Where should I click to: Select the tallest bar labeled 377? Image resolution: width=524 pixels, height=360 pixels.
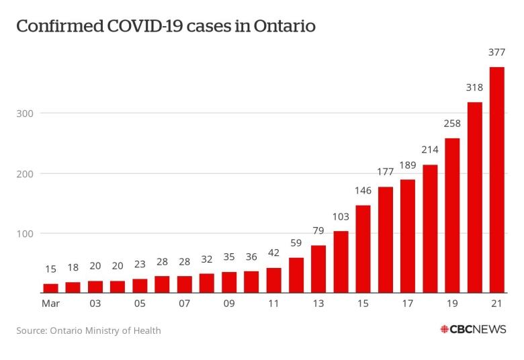tap(496, 180)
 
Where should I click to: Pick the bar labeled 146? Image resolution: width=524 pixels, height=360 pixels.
tap(363, 249)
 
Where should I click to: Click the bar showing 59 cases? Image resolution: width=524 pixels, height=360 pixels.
tap(296, 275)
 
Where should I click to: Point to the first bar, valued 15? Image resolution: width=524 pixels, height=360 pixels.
tap(50, 288)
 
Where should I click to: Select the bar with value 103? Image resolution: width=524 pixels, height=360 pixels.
tap(341, 262)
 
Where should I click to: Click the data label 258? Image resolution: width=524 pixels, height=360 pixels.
tap(452, 124)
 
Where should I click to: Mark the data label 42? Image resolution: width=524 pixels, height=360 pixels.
tap(273, 253)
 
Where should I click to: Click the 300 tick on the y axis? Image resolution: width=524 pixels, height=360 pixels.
tap(24, 113)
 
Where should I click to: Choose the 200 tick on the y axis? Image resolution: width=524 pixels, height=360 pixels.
tap(24, 173)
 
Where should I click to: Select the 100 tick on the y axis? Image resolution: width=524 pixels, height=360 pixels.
tap(24, 234)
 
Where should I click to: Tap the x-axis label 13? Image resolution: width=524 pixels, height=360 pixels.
tap(318, 304)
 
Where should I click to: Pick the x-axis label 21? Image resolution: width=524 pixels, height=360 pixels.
tap(496, 304)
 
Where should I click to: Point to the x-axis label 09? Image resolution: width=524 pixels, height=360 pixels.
tap(229, 304)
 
